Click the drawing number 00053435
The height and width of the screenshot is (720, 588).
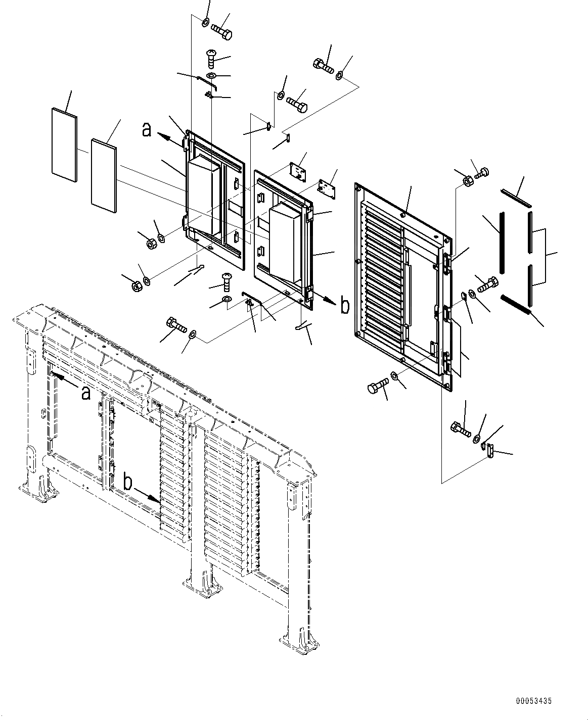(x=534, y=701)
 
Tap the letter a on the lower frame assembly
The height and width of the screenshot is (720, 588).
(x=86, y=393)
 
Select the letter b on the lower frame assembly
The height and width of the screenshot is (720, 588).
(x=128, y=483)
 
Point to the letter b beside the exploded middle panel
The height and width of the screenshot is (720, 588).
(x=345, y=306)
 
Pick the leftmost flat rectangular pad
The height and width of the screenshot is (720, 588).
(x=64, y=144)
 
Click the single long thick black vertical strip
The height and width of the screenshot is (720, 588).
(x=502, y=243)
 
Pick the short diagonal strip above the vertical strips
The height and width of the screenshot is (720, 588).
(x=516, y=198)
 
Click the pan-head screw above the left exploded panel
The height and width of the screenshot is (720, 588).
(x=211, y=58)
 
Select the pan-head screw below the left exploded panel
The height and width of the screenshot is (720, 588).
(x=225, y=279)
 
